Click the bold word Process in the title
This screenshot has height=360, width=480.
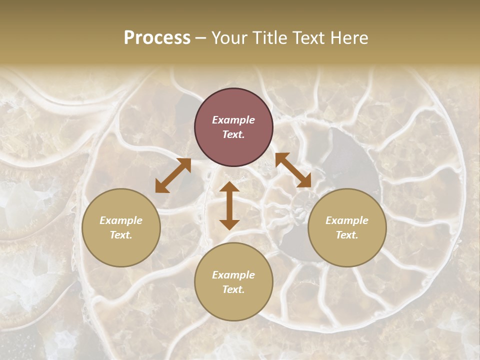(157, 38)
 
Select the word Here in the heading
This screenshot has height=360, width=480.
(348, 38)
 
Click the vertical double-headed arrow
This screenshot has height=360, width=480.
(229, 205)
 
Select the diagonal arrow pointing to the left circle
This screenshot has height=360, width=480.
(173, 175)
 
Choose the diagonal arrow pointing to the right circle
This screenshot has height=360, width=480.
(293, 170)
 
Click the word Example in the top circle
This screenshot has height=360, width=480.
(233, 120)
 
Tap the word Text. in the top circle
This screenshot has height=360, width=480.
(233, 134)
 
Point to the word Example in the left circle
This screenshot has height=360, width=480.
(121, 220)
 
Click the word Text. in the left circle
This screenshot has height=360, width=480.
(121, 235)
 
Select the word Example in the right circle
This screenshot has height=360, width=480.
(347, 220)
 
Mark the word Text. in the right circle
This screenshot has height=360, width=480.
(347, 235)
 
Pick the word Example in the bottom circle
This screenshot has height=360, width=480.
(233, 275)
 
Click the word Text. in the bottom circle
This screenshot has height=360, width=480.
(233, 289)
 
